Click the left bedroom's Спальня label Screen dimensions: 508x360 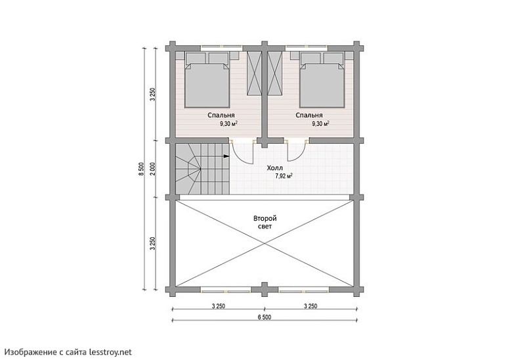(221, 115)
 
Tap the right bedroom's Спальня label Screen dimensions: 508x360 (309, 115)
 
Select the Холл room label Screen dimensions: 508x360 (275, 168)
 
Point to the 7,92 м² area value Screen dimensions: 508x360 (284, 176)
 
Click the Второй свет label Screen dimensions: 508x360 (265, 222)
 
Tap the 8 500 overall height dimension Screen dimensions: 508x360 (140, 169)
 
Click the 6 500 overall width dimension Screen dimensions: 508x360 (265, 317)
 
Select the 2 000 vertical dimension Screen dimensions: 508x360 (153, 169)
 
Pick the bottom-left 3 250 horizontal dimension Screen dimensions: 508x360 (218, 306)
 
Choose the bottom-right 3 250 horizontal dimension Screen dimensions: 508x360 (310, 306)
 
